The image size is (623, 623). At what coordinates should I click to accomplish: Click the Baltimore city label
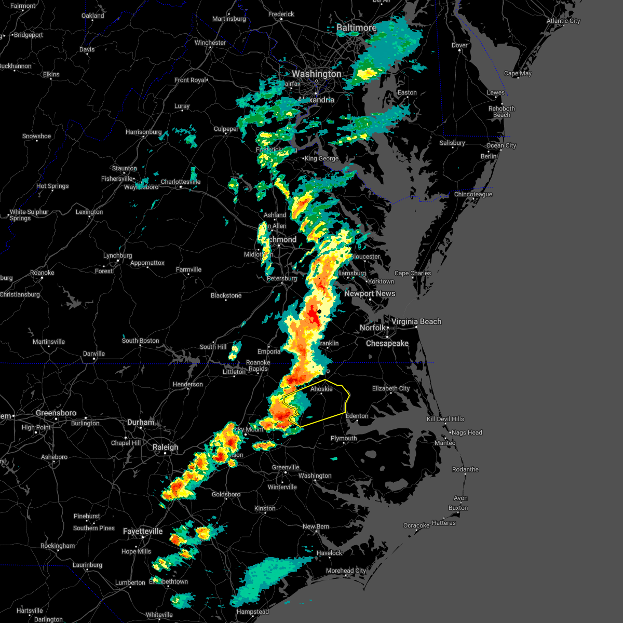pos(356,28)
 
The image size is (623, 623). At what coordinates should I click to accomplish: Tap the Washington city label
pos(317,74)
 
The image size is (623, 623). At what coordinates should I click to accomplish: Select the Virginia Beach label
pos(416,321)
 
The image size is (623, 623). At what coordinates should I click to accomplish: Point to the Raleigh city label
pos(166,447)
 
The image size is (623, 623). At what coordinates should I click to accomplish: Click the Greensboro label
pos(56,413)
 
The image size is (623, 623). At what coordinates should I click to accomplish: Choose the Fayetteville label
pos(143,531)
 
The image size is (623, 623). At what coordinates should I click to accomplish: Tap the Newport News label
pos(370,293)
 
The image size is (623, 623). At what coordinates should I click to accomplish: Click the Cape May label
pos(518,73)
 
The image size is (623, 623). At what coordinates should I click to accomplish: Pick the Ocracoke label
pos(416,525)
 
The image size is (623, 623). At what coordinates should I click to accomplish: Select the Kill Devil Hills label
pos(445,419)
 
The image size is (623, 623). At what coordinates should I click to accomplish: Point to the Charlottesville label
pos(180,182)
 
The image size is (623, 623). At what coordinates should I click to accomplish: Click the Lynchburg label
pos(117,255)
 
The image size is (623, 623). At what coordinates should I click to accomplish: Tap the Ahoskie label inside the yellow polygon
pos(321,389)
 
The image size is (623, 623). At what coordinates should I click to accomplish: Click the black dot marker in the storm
pos(319,311)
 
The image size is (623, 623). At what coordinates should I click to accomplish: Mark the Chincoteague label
pos(473,194)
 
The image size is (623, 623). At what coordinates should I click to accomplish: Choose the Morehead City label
pos(346,571)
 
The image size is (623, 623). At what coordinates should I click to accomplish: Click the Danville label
pos(94,354)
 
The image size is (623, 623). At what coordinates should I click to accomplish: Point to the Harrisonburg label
pos(144,132)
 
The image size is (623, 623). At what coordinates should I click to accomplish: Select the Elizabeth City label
pos(391,388)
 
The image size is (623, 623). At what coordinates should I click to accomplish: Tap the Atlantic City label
pos(563,21)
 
